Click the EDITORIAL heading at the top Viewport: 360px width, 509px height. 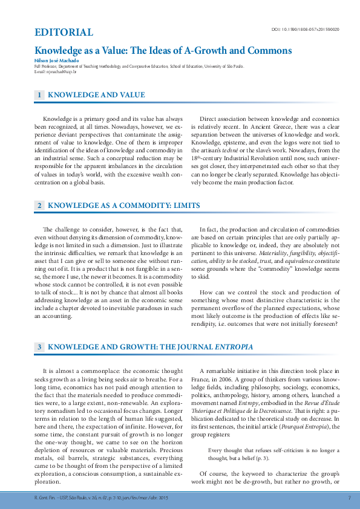[64, 33]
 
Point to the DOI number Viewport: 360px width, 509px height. [306, 29]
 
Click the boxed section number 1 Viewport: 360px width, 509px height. [39, 95]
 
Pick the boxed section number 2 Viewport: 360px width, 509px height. [39, 206]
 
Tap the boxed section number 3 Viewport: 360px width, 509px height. [39, 347]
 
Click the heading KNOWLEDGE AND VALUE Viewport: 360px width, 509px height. [96, 95]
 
